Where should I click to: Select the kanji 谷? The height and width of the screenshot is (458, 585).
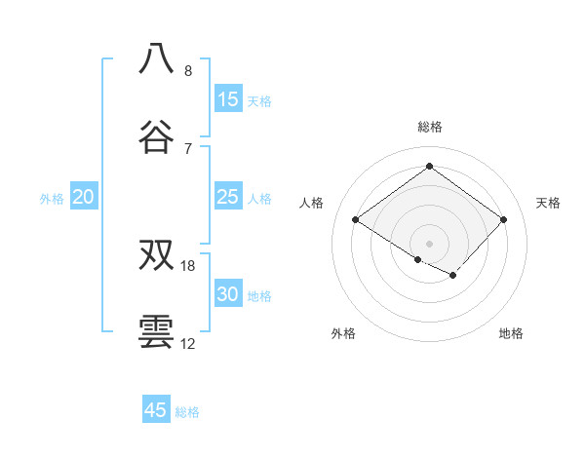(x=157, y=137)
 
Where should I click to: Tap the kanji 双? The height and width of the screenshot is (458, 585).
(x=157, y=255)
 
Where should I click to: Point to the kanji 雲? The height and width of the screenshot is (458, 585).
(x=157, y=332)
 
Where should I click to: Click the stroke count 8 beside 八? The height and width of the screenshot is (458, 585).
(x=188, y=71)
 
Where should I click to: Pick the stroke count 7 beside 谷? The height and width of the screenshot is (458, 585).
(x=188, y=149)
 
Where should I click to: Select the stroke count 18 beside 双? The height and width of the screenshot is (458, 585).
(x=188, y=266)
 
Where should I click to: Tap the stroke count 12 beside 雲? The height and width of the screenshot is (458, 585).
(x=188, y=344)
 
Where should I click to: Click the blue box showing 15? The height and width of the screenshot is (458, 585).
(x=228, y=99)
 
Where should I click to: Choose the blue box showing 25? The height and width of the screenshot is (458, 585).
(x=228, y=197)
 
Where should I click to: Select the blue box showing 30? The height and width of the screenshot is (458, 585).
(x=228, y=294)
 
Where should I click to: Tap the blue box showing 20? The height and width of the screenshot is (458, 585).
(x=83, y=197)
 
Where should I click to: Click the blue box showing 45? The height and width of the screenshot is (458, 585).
(x=156, y=410)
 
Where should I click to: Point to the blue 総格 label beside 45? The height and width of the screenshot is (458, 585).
(x=187, y=412)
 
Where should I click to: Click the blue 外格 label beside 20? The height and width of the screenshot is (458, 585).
(x=52, y=199)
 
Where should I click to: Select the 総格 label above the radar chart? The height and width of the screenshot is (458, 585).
(x=430, y=127)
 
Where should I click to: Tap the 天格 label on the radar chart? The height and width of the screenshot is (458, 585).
(x=548, y=203)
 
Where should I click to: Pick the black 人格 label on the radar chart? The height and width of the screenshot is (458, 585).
(x=312, y=203)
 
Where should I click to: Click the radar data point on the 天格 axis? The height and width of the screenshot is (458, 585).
(x=503, y=220)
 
